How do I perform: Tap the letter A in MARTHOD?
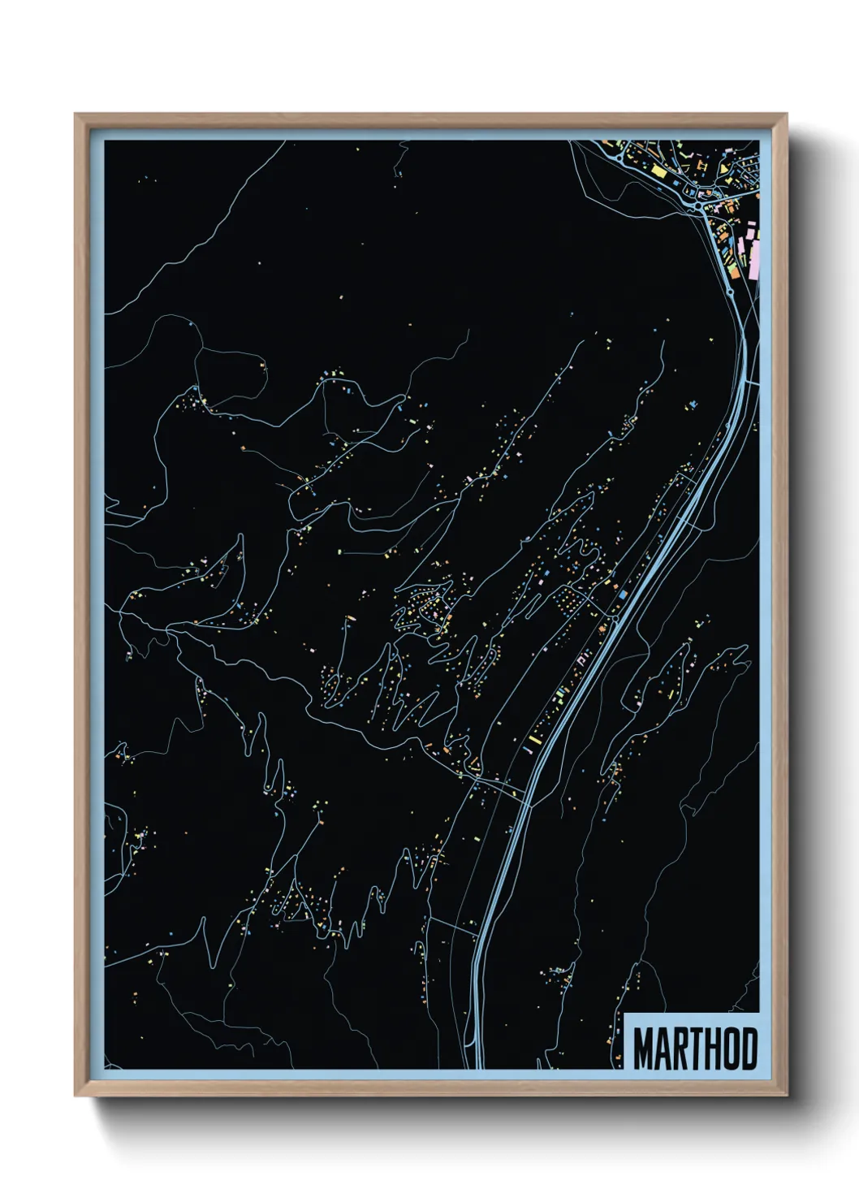click(663, 1049)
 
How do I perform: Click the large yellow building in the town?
click(658, 171)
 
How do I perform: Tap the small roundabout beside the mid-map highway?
click(615, 619)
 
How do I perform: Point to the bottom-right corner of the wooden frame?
click(786, 1094)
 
